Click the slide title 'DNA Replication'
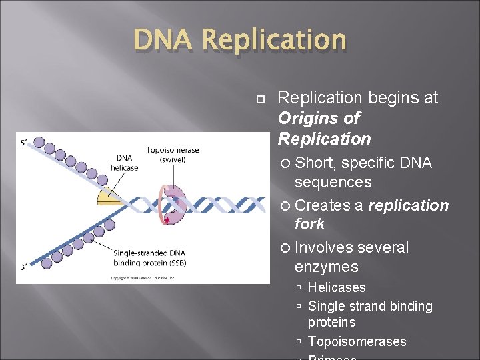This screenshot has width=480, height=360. point(240,41)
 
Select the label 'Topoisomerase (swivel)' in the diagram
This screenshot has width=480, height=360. point(173,154)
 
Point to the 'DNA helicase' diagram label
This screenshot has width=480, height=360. point(125,163)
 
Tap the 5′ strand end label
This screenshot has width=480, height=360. point(24,141)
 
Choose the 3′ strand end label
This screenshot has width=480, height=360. point(24,267)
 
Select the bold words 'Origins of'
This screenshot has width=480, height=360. point(319,118)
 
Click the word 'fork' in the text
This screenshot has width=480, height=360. point(309,224)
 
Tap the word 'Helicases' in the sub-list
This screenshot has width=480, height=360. point(337,287)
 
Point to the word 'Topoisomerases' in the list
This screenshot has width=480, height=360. point(357,341)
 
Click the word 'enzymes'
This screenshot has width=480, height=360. point(327,267)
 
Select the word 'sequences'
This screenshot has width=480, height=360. point(333,182)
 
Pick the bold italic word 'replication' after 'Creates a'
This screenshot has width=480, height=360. point(409,205)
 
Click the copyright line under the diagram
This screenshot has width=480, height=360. point(142,277)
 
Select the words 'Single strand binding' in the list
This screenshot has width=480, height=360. point(370,306)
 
